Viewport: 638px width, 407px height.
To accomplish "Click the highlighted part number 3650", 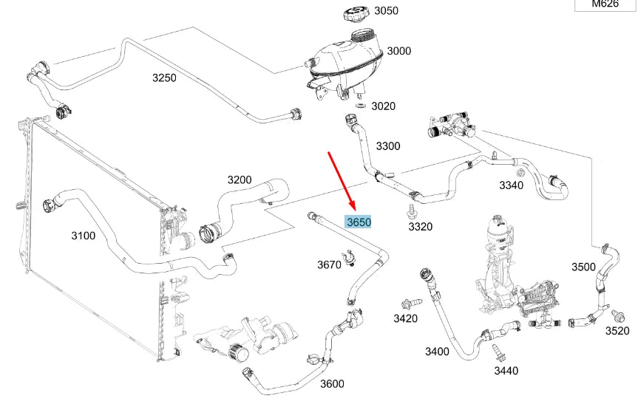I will pyautogui.click(x=359, y=221).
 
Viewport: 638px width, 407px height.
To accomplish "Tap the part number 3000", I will pyautogui.click(x=399, y=51).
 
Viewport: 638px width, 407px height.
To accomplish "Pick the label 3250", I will pyautogui.click(x=164, y=78).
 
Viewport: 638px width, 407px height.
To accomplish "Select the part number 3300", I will pyautogui.click(x=387, y=146).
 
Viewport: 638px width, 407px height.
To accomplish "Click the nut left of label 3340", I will pyautogui.click(x=520, y=174).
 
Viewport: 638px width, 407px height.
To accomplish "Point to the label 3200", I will pyautogui.click(x=239, y=179).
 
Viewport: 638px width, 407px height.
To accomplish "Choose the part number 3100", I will pyautogui.click(x=83, y=236).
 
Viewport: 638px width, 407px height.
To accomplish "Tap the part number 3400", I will pyautogui.click(x=437, y=352).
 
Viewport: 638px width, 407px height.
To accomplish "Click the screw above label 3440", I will pyautogui.click(x=492, y=350).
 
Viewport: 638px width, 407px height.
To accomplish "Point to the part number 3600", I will pyautogui.click(x=331, y=383).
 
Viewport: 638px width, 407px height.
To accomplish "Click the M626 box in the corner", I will pyautogui.click(x=605, y=5).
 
